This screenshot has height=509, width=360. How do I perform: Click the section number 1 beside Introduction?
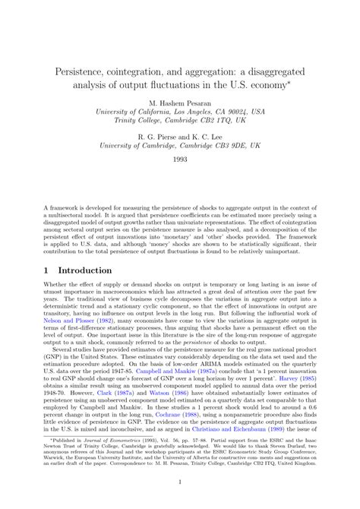coord(47,270)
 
